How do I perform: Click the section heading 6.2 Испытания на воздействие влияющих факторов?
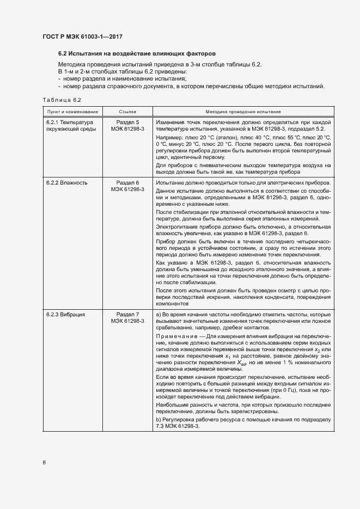pos(137,54)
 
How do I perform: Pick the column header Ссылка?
pos(128,111)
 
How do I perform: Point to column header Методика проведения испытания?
pos(243,111)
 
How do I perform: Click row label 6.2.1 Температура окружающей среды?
pos(70,126)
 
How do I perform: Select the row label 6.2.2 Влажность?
pos(66,182)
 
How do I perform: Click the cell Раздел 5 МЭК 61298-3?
pos(128,126)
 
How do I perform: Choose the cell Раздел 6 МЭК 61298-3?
pos(128,186)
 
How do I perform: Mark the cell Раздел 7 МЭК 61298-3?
pos(128,318)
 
